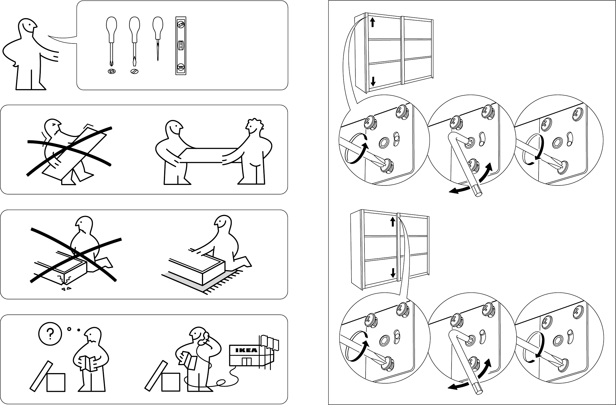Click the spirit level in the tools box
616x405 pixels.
click(181, 46)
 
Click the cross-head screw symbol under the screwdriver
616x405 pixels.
click(112, 71)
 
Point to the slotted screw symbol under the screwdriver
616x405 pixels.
click(134, 71)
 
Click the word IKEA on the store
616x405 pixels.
click(246, 350)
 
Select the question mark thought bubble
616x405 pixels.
click(50, 334)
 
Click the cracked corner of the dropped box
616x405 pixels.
click(65, 281)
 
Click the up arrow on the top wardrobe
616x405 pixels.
click(372, 22)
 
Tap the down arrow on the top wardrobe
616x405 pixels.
click(373, 81)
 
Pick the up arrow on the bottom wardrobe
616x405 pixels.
click(393, 222)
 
